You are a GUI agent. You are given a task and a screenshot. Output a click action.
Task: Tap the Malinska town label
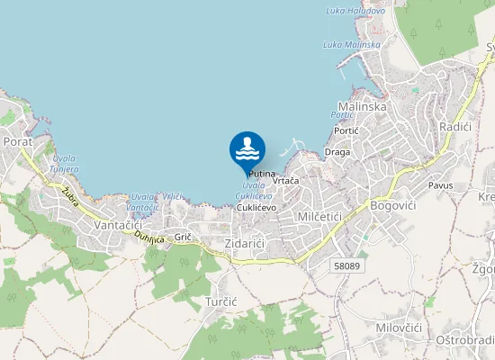tap(362, 106)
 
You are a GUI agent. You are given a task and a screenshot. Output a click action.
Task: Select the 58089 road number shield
tap(346, 265)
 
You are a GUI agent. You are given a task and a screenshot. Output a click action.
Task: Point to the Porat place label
tap(18, 141)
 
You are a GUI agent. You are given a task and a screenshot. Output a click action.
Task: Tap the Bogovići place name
tap(393, 206)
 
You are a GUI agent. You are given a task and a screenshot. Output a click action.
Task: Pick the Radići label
tap(455, 128)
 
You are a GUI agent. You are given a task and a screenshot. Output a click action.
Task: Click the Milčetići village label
tap(318, 217)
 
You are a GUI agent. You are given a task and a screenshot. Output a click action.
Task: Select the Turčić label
tap(220, 301)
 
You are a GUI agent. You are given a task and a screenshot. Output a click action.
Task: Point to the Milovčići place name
tap(400, 328)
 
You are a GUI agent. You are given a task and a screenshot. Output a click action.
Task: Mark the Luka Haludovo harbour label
tap(355, 11)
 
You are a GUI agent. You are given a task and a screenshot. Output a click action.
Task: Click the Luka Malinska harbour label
tap(352, 44)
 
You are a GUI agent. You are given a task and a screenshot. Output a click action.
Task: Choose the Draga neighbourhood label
tap(337, 152)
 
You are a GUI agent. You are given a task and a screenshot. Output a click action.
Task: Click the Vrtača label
tap(285, 181)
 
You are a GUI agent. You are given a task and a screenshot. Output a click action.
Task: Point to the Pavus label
tap(441, 184)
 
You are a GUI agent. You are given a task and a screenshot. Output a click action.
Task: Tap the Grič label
tap(184, 236)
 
